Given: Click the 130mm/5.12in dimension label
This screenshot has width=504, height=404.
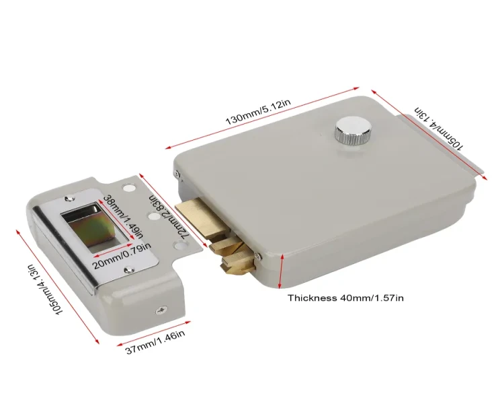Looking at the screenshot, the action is point(258,112).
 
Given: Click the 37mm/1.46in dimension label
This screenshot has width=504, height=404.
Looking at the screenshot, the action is point(155,342).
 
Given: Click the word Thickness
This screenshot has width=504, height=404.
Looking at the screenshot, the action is point(311,298).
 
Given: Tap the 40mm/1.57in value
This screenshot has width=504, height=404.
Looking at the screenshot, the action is point(372,298).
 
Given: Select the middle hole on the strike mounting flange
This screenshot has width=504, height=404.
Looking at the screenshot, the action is point(154,215).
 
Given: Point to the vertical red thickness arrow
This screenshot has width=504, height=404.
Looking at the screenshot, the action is point(281,271).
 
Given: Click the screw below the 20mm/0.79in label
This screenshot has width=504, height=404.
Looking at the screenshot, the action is point(128,269).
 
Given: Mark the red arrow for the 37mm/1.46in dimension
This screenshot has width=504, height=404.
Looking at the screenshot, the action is point(154,333).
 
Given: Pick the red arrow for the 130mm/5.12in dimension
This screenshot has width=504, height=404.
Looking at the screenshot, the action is point(262,118).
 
